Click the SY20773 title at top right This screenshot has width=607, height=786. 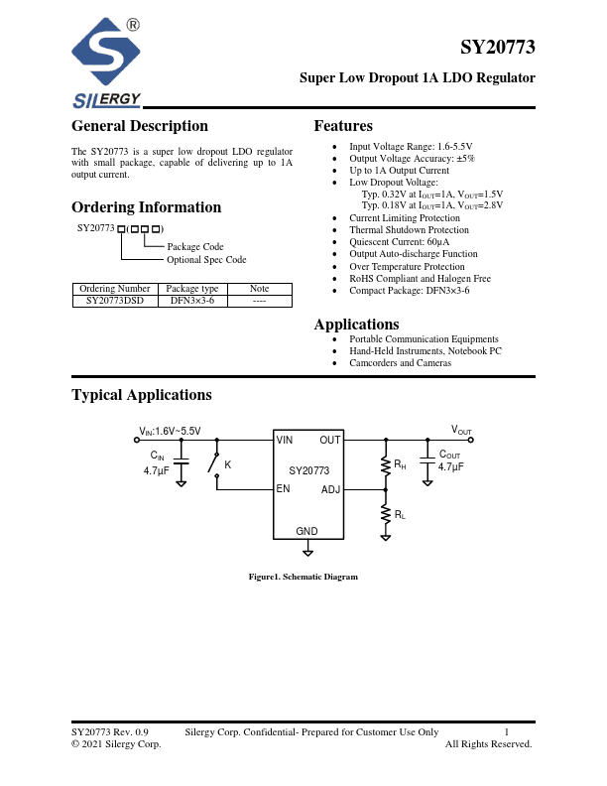[x=498, y=47]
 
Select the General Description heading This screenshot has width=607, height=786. [x=140, y=126]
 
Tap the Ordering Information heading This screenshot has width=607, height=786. [x=146, y=207]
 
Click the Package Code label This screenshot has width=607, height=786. [x=195, y=246]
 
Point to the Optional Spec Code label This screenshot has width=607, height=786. [x=206, y=260]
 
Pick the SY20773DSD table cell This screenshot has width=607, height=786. [x=115, y=299]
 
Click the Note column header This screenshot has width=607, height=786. [x=259, y=288]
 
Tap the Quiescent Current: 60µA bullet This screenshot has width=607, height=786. [x=399, y=242]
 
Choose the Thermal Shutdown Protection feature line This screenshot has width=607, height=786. [x=409, y=230]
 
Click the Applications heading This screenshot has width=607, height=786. [x=356, y=325]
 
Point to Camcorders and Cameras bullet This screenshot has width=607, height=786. [x=400, y=363]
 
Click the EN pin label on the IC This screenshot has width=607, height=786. [x=284, y=488]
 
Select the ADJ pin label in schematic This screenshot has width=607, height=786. [x=330, y=489]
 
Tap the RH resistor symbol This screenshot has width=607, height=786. [x=387, y=464]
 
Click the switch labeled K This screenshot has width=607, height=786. [x=213, y=463]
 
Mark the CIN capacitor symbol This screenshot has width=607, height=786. [x=182, y=462]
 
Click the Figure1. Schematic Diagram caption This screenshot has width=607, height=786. [x=303, y=577]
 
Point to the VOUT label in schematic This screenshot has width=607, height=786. [x=461, y=430]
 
